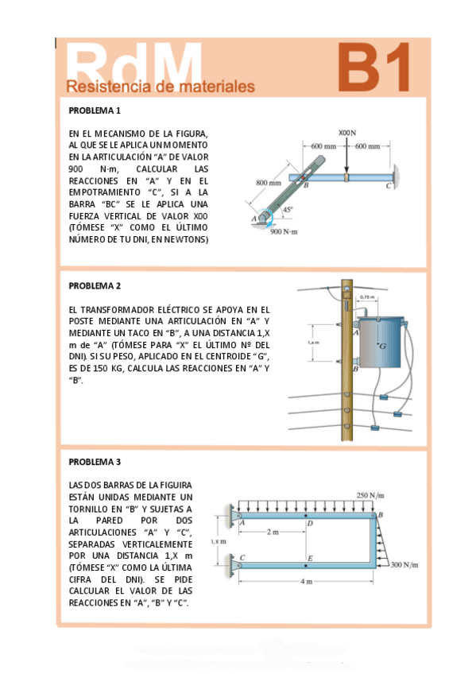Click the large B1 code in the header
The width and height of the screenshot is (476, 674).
click(x=373, y=67)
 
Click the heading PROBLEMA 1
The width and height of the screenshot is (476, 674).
click(x=95, y=110)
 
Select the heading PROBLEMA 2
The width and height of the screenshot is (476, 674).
click(x=95, y=286)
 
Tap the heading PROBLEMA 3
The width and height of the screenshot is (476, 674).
click(x=95, y=462)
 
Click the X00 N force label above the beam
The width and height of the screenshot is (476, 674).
click(x=347, y=133)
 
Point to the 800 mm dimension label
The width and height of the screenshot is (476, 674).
click(x=269, y=183)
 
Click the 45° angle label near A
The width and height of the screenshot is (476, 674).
click(x=288, y=209)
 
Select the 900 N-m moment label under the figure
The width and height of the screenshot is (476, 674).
click(x=284, y=232)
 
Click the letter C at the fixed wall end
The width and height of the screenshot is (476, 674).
click(x=388, y=186)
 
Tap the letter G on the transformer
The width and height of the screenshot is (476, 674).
click(x=382, y=346)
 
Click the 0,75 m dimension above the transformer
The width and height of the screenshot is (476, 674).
click(x=367, y=297)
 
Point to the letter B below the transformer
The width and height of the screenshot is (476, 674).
click(x=355, y=369)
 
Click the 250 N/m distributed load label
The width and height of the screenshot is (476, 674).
click(x=370, y=495)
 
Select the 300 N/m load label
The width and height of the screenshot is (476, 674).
click(x=404, y=564)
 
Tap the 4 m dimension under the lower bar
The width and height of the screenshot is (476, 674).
click(x=306, y=582)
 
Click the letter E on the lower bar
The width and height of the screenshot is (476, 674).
click(x=310, y=558)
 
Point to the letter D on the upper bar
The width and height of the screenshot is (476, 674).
click(x=310, y=523)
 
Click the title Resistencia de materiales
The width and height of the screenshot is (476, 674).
click(x=161, y=87)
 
